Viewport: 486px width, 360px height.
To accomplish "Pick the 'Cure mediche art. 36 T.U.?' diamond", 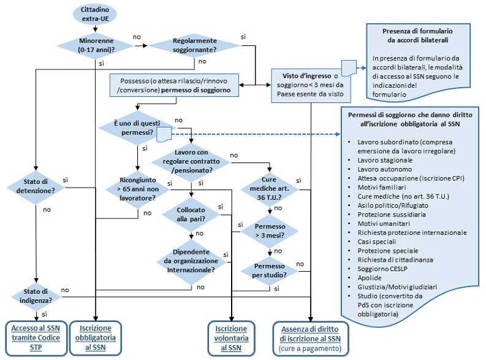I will pos(269,186).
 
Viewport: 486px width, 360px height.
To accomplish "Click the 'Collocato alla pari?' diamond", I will pos(191,216).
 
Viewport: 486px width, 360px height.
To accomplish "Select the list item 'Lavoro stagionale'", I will pos(385,159).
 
